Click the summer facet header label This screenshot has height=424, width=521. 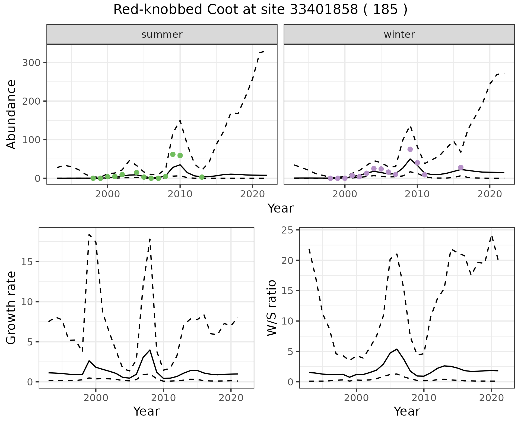click(x=162, y=35)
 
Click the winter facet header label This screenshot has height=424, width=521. click(x=399, y=35)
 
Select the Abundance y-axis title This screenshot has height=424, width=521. click(x=11, y=114)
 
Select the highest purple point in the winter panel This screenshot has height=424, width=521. click(x=410, y=149)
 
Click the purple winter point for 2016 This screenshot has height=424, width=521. click(x=461, y=167)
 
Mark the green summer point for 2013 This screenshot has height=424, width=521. click(x=202, y=177)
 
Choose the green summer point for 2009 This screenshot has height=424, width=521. click(x=173, y=154)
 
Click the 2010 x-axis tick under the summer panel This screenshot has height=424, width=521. click(x=180, y=194)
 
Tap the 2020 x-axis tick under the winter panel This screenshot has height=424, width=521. click(x=490, y=194)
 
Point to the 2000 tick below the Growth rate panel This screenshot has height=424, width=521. click(x=96, y=398)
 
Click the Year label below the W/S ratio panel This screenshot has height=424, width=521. click(x=407, y=411)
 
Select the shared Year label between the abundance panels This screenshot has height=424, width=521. click(x=281, y=208)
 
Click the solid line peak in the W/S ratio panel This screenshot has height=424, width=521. click(x=397, y=349)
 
